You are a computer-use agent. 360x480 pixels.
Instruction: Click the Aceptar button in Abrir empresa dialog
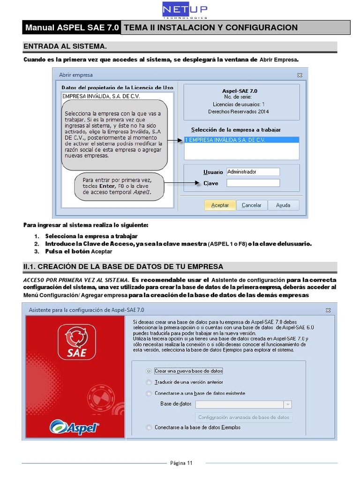220,205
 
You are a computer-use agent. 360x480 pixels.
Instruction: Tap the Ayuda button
283,205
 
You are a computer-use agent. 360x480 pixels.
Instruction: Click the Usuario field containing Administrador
253,172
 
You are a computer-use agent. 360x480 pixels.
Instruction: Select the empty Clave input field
253,183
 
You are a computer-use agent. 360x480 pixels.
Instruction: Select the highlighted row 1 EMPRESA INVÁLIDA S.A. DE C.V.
241,140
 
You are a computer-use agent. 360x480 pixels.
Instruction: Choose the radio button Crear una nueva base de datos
149,371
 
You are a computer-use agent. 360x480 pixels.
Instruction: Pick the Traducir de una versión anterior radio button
149,382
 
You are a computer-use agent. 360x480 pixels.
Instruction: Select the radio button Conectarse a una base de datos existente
149,393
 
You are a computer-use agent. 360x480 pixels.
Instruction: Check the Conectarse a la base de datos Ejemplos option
149,427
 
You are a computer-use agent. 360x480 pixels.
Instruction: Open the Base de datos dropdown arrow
287,405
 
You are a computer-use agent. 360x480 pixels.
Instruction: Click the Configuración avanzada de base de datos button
243,417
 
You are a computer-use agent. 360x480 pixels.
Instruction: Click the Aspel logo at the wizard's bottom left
75,427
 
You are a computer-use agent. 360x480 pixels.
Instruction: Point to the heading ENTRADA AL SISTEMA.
65,47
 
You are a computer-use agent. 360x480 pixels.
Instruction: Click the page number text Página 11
180,463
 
